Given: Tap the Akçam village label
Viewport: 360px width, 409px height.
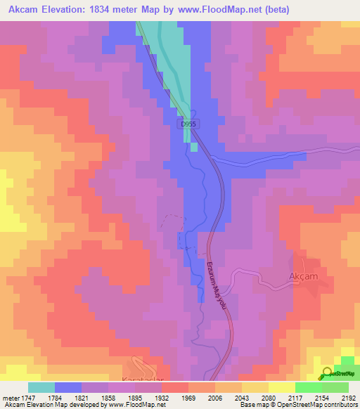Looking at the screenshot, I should pyautogui.click(x=304, y=276).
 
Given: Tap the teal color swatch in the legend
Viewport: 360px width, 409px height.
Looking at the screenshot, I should pyautogui.click(x=41, y=387).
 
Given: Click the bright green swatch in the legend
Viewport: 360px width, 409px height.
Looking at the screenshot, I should pyautogui.click(x=308, y=387).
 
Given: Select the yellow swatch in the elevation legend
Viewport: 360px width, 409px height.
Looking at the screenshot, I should pyautogui.click(x=281, y=387).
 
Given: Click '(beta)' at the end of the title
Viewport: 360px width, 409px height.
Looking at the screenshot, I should pyautogui.click(x=274, y=11).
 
